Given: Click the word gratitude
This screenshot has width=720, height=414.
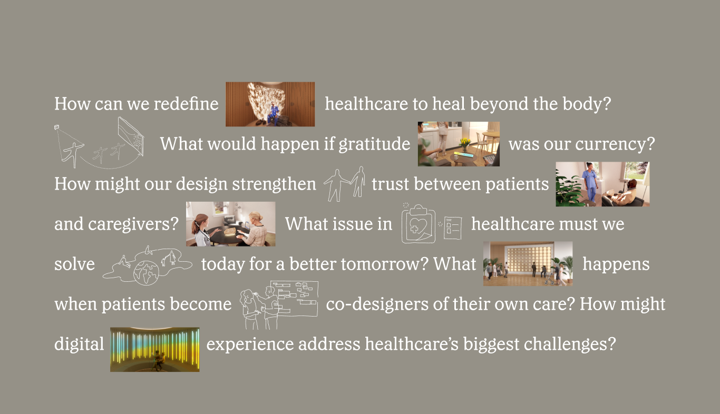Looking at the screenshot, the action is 374,144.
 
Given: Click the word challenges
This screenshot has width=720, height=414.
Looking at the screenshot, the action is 570,344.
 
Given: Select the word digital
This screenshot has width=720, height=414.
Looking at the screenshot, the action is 79,344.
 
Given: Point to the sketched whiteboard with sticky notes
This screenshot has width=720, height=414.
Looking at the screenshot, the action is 294,299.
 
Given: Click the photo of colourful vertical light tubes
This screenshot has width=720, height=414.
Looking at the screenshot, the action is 154,350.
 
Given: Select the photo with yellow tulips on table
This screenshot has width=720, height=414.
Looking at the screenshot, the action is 459,144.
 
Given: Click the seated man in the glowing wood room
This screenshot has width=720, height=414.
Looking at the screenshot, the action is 273,114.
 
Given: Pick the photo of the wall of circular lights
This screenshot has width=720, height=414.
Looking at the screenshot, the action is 528,264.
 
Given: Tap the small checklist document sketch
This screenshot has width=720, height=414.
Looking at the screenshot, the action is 453,228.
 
